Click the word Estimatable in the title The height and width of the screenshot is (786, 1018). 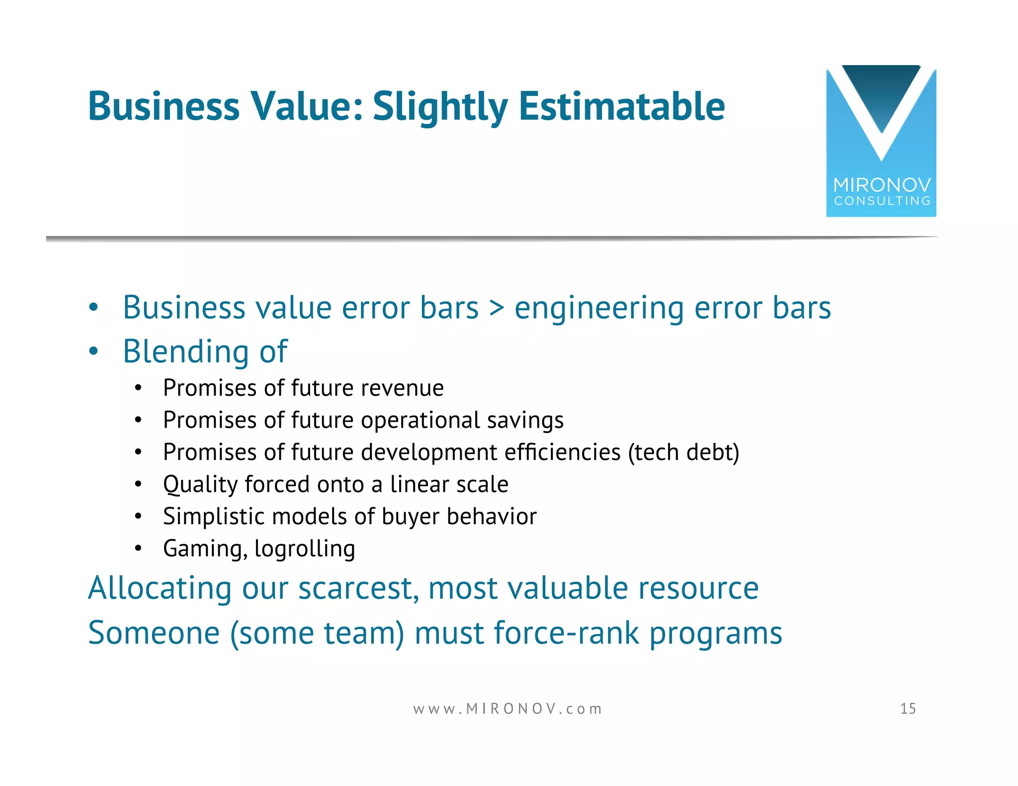click(621, 106)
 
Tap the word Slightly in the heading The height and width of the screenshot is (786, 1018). click(440, 107)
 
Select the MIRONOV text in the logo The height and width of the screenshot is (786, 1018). click(882, 185)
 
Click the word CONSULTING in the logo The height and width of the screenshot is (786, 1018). click(882, 201)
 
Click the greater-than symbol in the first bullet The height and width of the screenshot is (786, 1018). click(497, 309)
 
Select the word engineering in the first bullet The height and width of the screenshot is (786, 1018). click(599, 309)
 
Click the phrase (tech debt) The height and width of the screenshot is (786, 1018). click(683, 453)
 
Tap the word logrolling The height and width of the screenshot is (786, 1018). click(305, 549)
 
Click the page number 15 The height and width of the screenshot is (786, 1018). click(908, 708)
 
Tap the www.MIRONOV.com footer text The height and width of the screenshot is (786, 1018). click(508, 708)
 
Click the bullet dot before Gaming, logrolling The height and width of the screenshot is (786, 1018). click(138, 549)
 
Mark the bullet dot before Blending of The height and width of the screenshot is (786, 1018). click(93, 352)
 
